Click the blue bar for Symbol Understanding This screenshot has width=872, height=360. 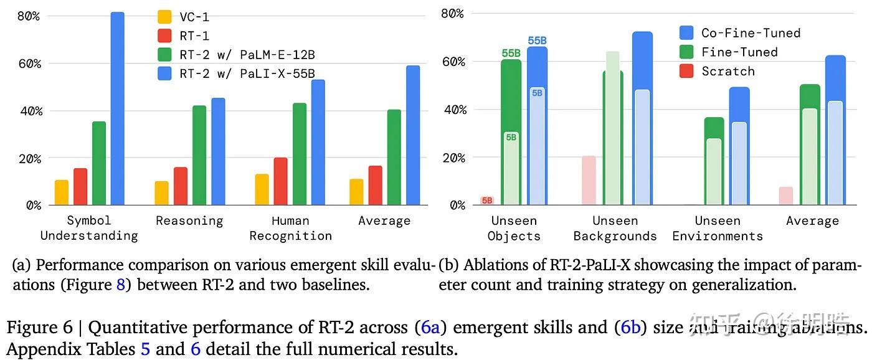point(117,109)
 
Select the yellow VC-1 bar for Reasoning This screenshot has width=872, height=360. point(161,193)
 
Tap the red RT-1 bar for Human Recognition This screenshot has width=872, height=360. point(281,181)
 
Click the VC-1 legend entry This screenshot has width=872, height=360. point(194,17)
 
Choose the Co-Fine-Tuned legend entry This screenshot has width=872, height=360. point(750,33)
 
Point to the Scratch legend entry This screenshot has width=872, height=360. point(727,71)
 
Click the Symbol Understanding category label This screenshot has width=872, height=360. point(88,228)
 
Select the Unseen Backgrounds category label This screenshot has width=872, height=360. point(615,229)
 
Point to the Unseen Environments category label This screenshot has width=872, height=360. point(717,229)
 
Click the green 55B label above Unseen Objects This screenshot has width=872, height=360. point(511,54)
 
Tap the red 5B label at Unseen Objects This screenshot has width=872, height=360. point(487,201)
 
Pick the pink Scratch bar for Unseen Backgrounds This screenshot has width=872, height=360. point(589,181)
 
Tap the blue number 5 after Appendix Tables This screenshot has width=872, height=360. point(145,348)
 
